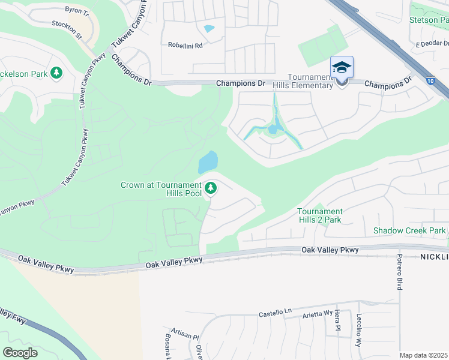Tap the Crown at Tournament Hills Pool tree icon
point(211,189)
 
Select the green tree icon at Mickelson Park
point(56,73)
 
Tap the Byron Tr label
point(76,11)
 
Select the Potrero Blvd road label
point(399,272)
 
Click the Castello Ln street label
point(275,312)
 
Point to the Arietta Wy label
point(318,313)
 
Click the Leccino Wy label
point(358,331)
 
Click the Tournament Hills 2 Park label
point(319,215)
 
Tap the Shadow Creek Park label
point(409,230)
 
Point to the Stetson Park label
point(428,20)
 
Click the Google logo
point(20,353)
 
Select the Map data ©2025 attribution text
point(423,355)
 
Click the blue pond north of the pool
point(208,161)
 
